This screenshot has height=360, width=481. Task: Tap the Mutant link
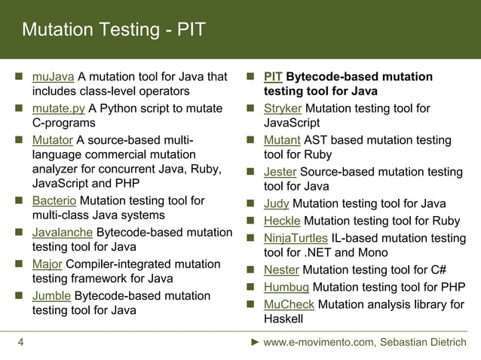click(x=282, y=140)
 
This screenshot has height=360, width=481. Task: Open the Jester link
click(x=280, y=172)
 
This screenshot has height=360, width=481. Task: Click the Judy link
click(x=276, y=203)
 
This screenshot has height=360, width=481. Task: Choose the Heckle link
click(x=282, y=221)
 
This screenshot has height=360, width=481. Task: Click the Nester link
click(x=281, y=270)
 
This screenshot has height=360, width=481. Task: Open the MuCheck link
click(x=290, y=304)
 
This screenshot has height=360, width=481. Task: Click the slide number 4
click(x=20, y=343)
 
